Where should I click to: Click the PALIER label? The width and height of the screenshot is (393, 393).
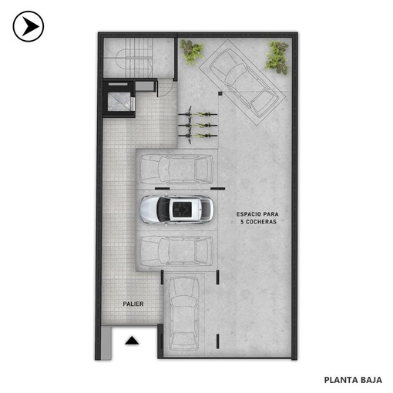tap(133, 304)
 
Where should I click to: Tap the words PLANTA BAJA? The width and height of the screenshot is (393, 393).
tap(353, 380)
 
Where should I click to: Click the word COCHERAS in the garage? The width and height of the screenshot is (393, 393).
tap(261, 222)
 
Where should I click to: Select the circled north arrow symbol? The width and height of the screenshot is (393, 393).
tap(29, 26)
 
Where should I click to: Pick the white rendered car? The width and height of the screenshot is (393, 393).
tap(176, 209)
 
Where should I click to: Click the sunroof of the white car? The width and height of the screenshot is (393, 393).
tap(182, 207)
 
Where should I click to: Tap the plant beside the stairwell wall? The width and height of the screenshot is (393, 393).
tap(192, 52)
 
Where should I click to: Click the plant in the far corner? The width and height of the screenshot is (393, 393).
tap(277, 57)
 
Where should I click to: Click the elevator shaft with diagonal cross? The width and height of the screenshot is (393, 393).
tap(119, 102)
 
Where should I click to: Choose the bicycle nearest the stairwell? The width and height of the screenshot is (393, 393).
tap(197, 114)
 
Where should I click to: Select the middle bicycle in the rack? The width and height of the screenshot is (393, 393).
tap(197, 125)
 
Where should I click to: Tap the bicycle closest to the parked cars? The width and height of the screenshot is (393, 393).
tap(197, 136)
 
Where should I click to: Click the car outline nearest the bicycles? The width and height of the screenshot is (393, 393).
tap(176, 170)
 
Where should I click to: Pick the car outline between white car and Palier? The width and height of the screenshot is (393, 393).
tap(176, 251)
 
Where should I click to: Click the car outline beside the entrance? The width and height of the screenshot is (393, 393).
tap(184, 314)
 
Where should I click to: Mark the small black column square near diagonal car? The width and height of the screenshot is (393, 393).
tap(220, 93)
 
